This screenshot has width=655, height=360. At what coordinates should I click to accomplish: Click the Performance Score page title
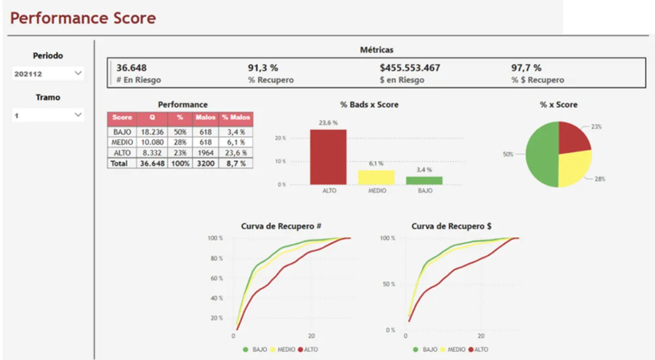pos(83,18)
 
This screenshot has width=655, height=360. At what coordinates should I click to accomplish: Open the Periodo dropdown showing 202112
pos(48,74)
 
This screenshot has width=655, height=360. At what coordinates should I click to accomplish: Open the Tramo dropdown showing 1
pos(48,115)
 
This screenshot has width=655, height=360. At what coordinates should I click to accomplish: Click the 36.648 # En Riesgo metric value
pos(132,68)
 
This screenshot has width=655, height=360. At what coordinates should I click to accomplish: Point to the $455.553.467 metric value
pos(410,68)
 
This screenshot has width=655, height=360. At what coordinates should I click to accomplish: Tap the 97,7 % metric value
pos(526,68)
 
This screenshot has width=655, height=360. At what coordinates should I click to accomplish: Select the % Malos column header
pos(236,117)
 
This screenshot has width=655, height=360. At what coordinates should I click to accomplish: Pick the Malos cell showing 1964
pos(205,153)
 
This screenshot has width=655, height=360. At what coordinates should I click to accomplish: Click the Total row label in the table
pos(119,163)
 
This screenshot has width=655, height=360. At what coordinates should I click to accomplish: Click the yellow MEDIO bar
pos(376,177)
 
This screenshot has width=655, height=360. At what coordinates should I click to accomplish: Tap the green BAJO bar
pos(424,181)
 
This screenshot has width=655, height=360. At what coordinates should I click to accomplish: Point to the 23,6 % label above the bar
pos(328,123)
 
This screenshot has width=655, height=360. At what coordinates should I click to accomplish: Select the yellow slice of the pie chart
pos(573,166)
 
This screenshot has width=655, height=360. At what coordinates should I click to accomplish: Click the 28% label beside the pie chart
pos(599,179)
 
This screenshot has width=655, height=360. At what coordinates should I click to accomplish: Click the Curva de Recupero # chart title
pos(276,226)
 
